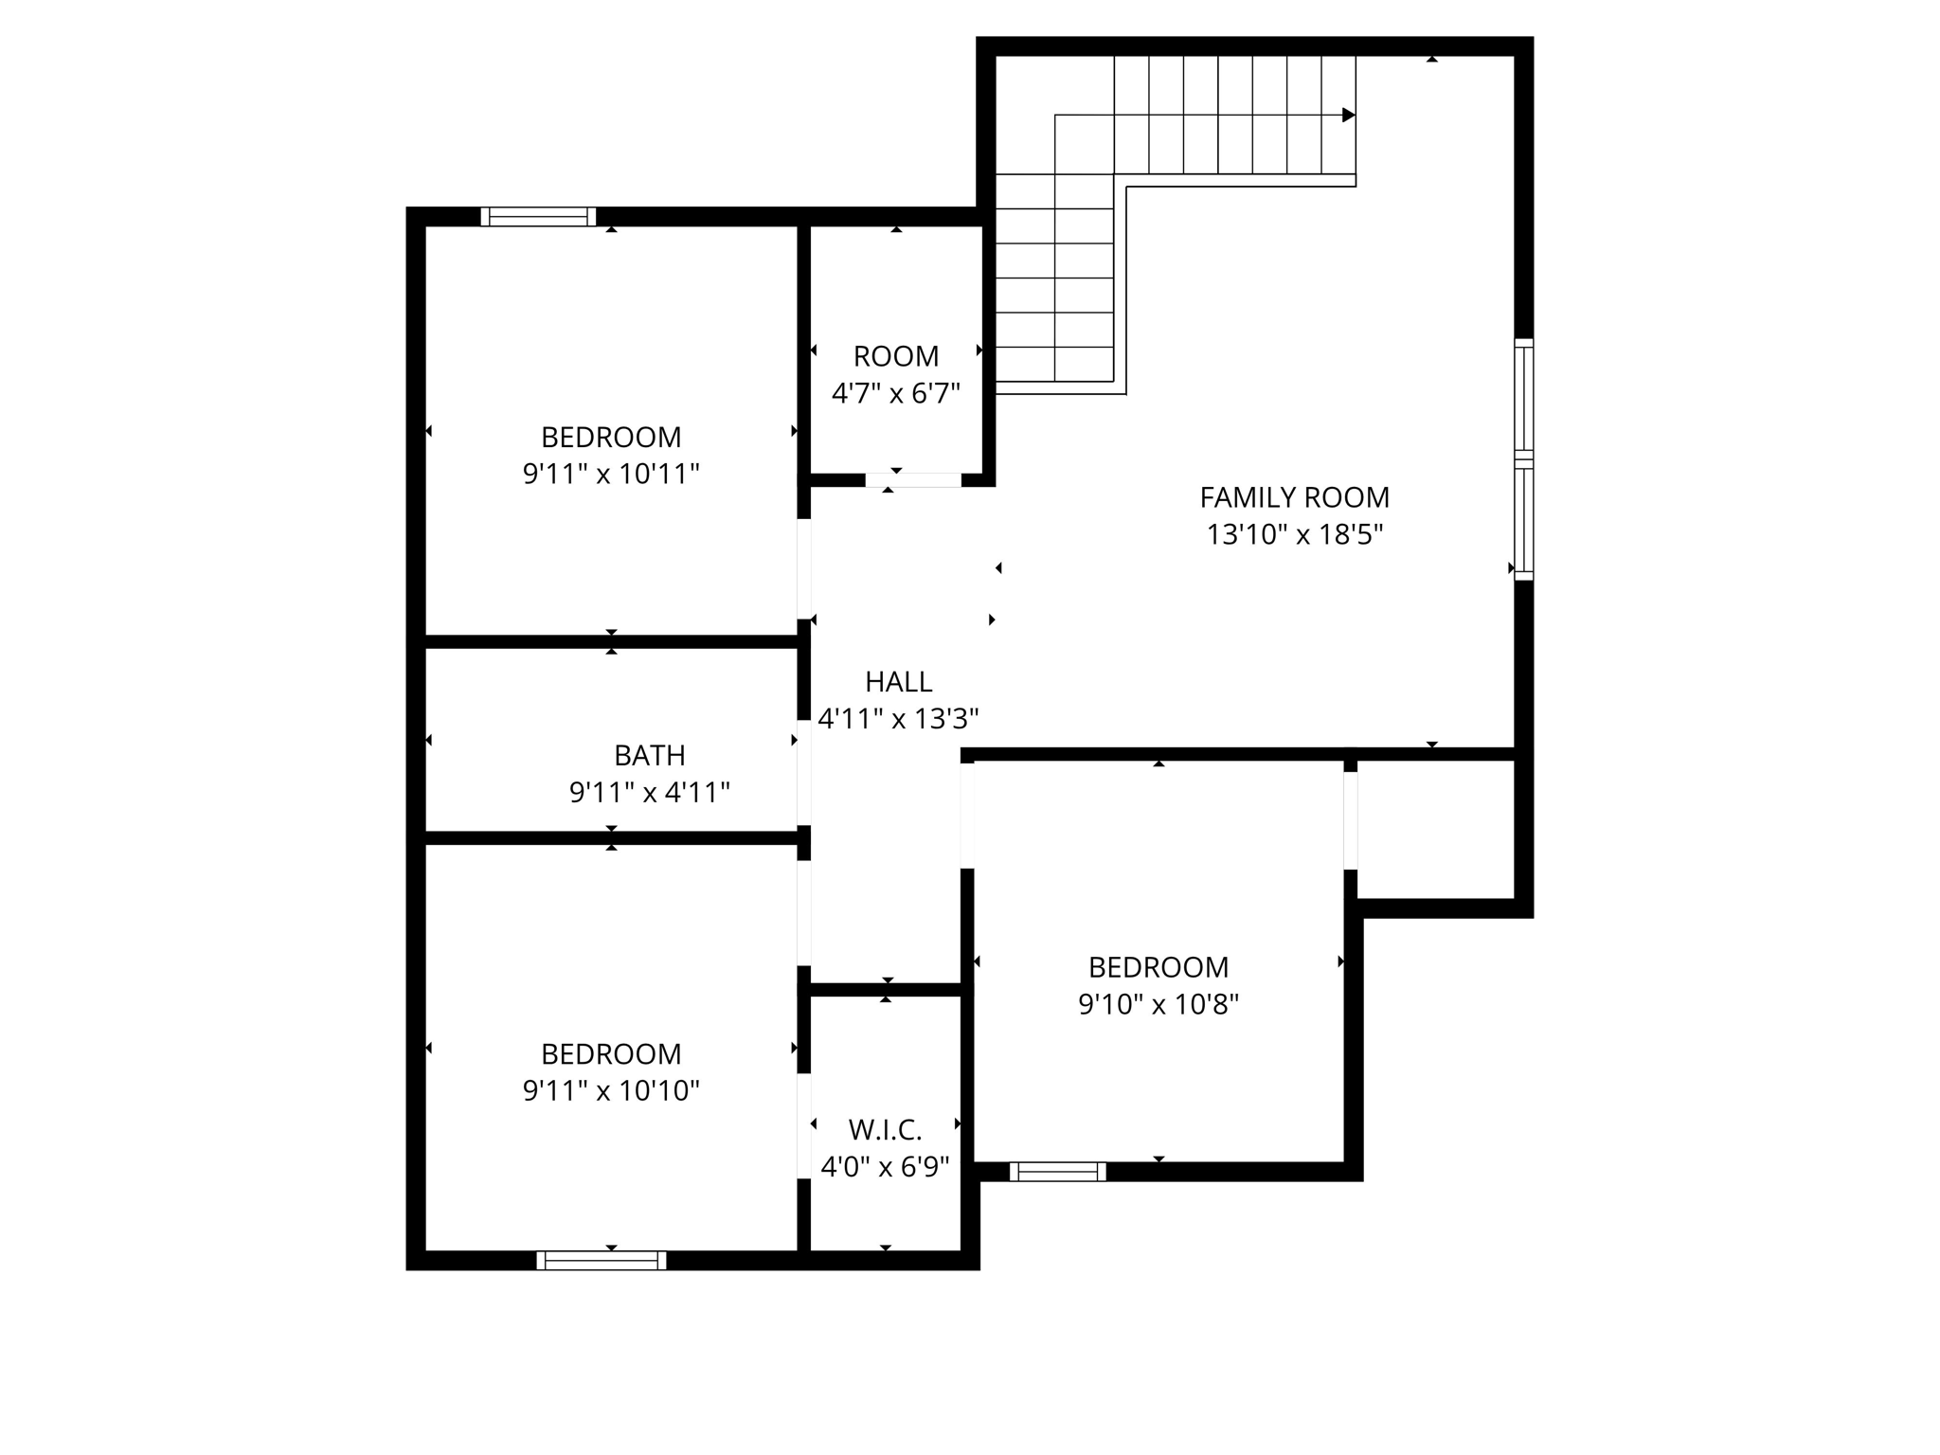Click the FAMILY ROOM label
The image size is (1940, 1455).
[1294, 497]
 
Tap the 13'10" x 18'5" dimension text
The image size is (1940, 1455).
[1294, 535]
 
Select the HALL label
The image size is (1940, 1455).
[898, 682]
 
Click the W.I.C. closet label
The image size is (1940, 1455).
[885, 1130]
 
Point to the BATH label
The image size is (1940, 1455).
[649, 755]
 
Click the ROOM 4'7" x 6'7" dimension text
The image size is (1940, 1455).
[895, 393]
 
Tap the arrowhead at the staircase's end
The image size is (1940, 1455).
[1348, 116]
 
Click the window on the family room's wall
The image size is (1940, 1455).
[1523, 459]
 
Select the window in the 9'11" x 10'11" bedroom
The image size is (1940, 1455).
[538, 217]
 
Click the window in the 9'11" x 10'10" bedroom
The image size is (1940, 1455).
[601, 1260]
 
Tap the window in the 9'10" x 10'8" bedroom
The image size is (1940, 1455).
[1057, 1172]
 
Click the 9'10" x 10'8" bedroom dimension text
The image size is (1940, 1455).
[1158, 1004]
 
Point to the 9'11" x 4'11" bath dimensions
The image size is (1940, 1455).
[649, 792]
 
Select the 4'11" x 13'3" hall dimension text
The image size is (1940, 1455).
[898, 719]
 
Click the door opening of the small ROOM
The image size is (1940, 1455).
[913, 480]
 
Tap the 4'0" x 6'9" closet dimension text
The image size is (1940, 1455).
[885, 1167]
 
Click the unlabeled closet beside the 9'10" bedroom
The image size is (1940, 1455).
[1435, 829]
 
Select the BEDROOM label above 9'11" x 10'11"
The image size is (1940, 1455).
[611, 438]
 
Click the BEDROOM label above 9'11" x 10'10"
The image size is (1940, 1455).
[611, 1054]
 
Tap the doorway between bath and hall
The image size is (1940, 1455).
[803, 772]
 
